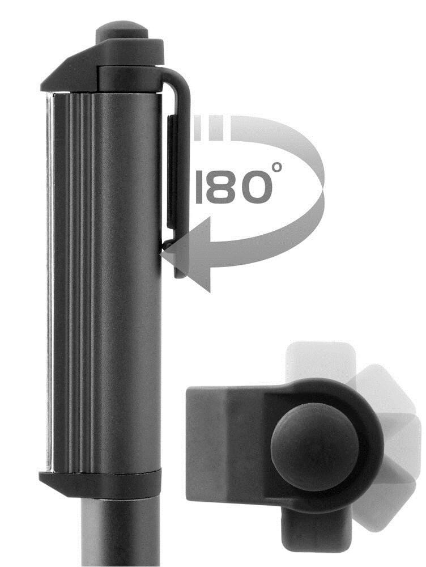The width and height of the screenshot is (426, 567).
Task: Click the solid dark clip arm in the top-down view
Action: pos(227,442)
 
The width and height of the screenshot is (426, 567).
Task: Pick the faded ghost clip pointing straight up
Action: pos(315,363)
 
